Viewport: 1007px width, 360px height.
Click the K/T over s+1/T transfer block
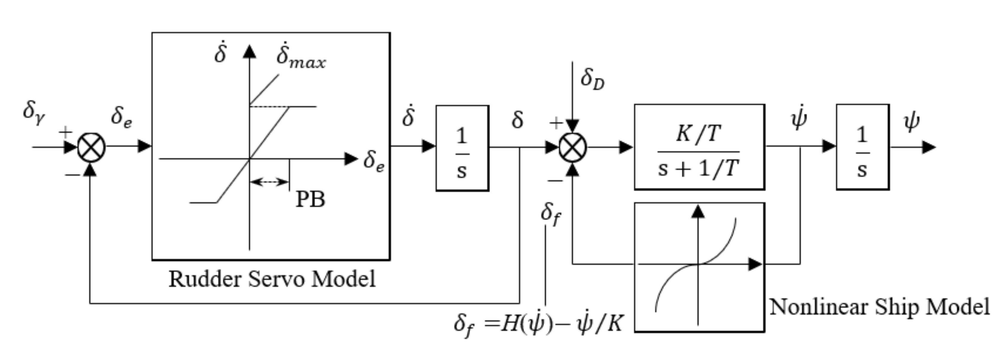tap(699, 147)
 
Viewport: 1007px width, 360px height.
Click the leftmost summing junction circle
tap(91, 147)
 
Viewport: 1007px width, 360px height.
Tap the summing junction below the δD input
tap(573, 147)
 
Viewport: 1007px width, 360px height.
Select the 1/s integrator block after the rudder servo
tap(462, 148)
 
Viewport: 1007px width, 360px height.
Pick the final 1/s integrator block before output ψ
tap(862, 147)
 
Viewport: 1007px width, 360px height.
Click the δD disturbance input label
tap(592, 79)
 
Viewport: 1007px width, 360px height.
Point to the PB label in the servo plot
tap(310, 199)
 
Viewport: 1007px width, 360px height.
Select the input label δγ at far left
tap(34, 113)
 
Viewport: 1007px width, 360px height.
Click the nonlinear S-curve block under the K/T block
tap(699, 267)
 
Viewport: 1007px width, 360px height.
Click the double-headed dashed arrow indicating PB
tap(269, 182)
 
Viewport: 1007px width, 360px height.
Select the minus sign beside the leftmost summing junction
tap(72, 175)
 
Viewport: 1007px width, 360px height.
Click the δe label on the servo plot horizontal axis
tap(373, 161)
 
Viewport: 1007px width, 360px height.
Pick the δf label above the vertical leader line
tap(551, 215)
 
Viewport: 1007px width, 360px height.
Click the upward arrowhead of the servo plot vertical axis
tap(249, 52)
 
